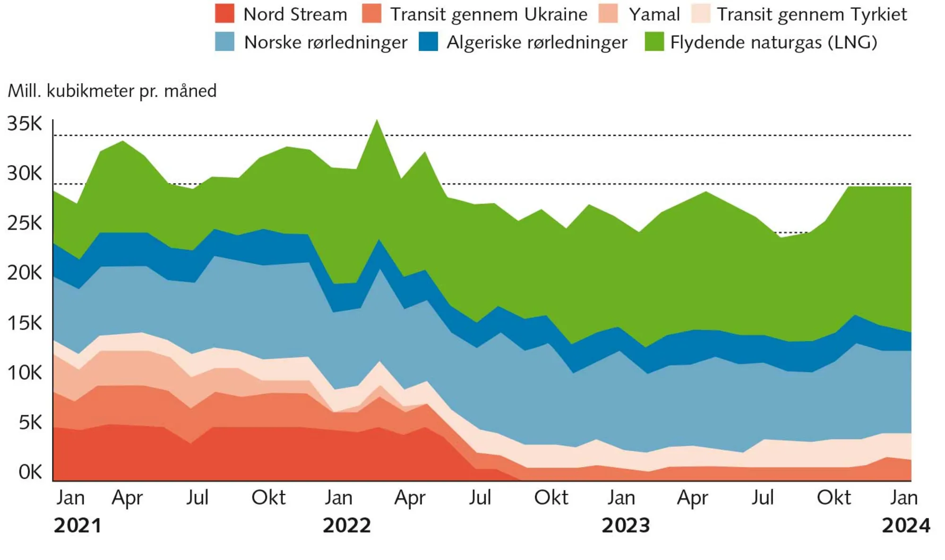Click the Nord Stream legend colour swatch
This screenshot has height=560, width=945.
[x=224, y=14]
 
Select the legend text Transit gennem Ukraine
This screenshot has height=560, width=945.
[x=489, y=14]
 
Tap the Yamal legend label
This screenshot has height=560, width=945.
[x=654, y=14]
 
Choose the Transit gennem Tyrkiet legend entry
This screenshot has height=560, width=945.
[x=811, y=14]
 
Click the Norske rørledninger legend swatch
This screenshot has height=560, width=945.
[x=224, y=42]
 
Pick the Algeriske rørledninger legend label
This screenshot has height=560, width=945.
[x=537, y=43]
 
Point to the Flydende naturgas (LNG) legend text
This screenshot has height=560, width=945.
[x=773, y=43]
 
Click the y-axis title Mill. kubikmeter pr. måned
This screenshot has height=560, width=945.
[x=112, y=91]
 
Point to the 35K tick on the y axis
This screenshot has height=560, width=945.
[x=25, y=124]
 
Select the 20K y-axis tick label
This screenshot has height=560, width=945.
[x=25, y=273]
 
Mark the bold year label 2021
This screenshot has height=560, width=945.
[x=77, y=526]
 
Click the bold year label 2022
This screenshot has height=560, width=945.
[x=347, y=526]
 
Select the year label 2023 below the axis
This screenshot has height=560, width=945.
[x=626, y=526]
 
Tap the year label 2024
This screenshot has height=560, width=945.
[x=905, y=526]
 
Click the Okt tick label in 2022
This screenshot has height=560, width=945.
[x=551, y=498]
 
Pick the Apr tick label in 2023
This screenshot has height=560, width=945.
[x=692, y=498]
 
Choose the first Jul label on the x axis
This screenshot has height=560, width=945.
[x=197, y=498]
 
